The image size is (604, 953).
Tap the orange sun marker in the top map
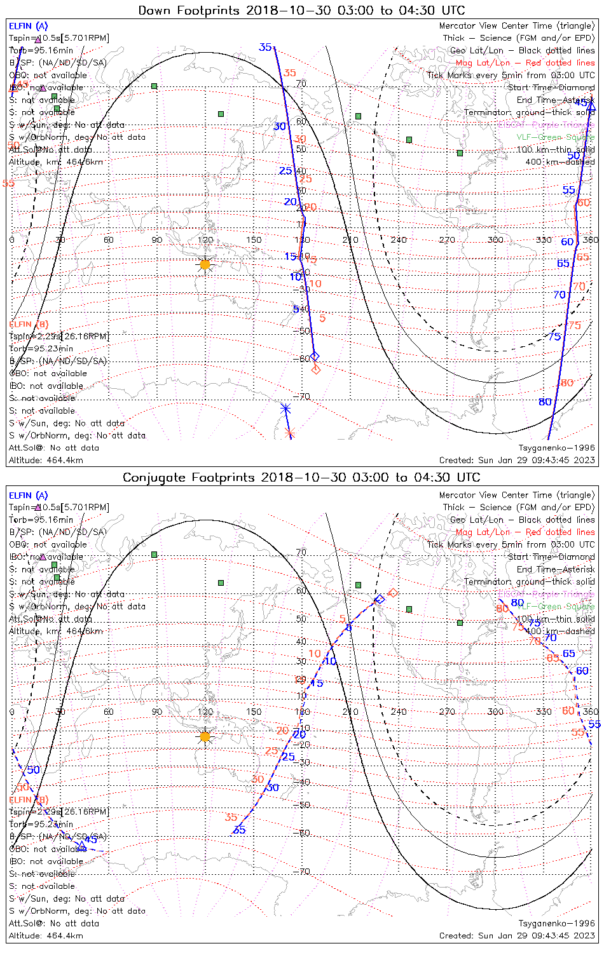point(205,264)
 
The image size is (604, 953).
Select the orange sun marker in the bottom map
point(205,737)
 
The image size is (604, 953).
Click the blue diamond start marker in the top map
point(314,356)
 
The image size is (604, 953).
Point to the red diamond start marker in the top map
point(316,369)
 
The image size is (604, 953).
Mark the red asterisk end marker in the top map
point(290,433)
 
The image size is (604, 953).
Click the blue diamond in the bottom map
point(380,599)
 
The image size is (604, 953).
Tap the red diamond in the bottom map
point(393,593)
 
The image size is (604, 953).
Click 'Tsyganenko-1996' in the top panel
point(556,448)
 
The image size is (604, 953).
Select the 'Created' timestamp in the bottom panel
point(517,936)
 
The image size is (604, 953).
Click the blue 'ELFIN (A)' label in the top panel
point(28,26)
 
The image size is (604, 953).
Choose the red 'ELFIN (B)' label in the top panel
point(28,325)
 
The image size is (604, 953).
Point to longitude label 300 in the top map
point(495,240)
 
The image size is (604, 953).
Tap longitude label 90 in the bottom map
point(157,712)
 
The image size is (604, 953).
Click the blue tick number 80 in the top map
point(545,402)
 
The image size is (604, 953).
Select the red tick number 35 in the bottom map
point(231,818)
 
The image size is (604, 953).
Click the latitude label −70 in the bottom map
point(304,871)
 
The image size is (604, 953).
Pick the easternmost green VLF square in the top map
point(460,152)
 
